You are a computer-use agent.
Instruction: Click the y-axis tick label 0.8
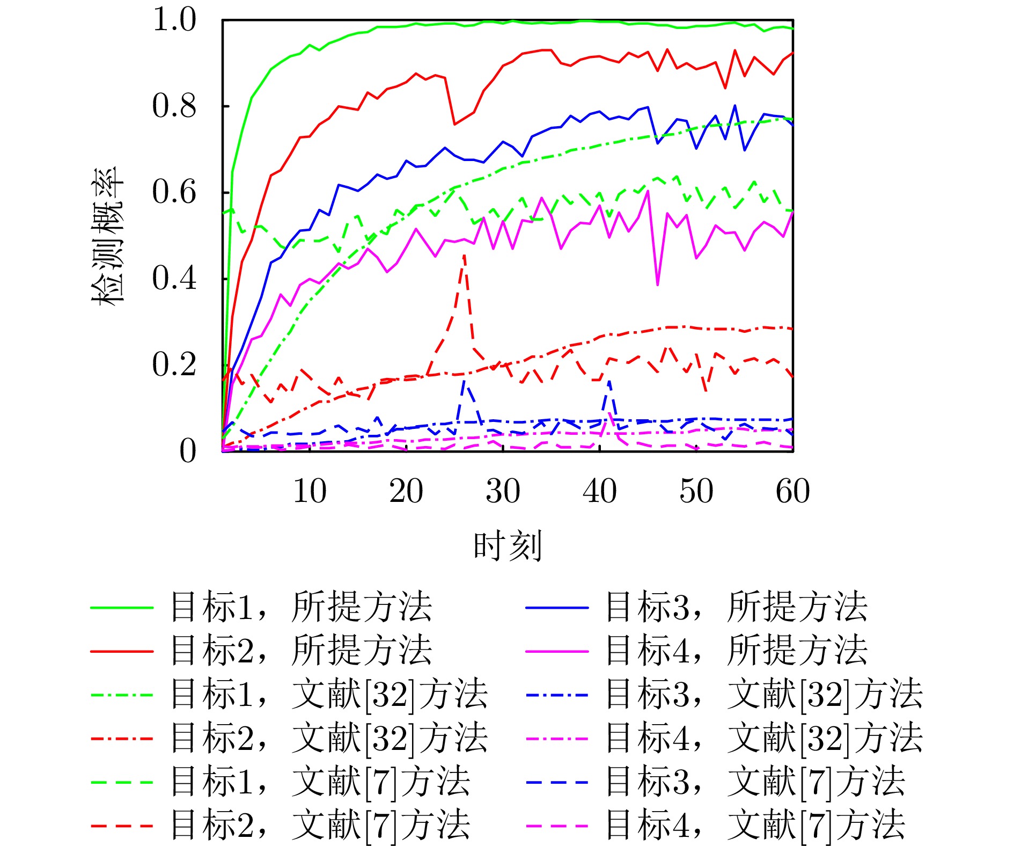coord(174,106)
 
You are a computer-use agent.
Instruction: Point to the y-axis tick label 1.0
coord(174,20)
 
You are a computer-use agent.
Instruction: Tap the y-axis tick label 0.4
coord(174,278)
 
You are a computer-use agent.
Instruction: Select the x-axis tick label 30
coord(503,491)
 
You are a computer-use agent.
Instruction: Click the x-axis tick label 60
coord(792,491)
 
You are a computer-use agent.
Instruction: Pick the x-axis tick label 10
coord(310,491)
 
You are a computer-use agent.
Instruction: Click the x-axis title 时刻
coord(507,545)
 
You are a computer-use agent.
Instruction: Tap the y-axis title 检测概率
coord(107,236)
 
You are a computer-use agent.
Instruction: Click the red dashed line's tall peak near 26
coord(464,256)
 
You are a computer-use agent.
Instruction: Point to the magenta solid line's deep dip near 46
coord(657,284)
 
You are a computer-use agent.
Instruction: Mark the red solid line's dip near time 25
coord(455,124)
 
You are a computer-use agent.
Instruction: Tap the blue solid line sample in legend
coord(557,607)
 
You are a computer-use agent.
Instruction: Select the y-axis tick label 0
coord(187,450)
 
